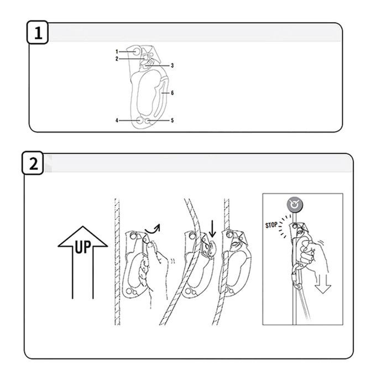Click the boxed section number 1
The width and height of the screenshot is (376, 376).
[x=38, y=33]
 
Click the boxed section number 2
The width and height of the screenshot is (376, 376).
[x=33, y=163]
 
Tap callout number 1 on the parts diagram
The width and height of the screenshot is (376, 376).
[x=117, y=51]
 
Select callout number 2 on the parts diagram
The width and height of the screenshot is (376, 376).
[x=117, y=59]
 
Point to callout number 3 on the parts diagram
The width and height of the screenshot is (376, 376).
[x=172, y=65]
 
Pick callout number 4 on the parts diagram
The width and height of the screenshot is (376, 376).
[x=117, y=121]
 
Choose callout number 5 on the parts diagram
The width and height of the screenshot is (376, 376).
[x=172, y=121]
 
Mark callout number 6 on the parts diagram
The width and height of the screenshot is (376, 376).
[x=172, y=93]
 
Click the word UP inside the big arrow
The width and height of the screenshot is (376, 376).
[x=83, y=247]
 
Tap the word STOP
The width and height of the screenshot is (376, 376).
[x=271, y=225]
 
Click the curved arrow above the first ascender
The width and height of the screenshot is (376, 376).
[x=153, y=229]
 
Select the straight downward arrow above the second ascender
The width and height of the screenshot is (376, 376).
[x=212, y=229]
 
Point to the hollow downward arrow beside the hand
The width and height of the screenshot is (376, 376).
[x=323, y=284]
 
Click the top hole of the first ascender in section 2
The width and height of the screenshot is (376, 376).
[x=133, y=236]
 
